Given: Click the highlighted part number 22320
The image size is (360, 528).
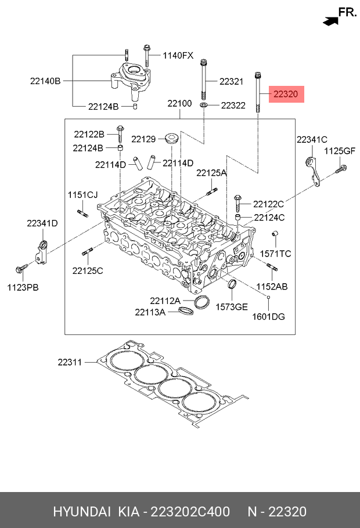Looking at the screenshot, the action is (286, 94).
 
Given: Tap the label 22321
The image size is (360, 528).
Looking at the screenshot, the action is (231, 81).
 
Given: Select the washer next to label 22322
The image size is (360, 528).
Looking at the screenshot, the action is (204, 106).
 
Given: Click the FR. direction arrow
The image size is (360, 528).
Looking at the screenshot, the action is (330, 21).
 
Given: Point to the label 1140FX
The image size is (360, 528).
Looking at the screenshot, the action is (178, 56).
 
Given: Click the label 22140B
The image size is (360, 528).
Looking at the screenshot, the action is (45, 81).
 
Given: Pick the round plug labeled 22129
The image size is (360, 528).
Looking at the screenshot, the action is (172, 139).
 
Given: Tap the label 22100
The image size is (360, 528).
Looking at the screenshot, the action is (179, 103).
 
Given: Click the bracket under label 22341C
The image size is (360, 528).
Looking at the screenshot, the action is (313, 171).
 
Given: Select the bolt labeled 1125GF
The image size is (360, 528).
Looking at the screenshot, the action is (341, 169).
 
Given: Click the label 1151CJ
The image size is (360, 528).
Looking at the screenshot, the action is (82, 195).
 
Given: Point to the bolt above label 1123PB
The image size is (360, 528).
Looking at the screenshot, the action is (21, 269).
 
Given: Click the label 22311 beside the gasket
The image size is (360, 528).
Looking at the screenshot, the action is (70, 362).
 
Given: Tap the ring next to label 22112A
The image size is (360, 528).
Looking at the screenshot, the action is (201, 302).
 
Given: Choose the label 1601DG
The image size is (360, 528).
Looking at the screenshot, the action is (269, 317).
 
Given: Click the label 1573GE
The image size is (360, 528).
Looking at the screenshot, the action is (232, 307).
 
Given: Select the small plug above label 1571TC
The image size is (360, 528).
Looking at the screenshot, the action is (275, 233).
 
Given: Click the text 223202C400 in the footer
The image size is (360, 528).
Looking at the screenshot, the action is (190, 512).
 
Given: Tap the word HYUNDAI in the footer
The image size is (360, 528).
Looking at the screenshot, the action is (82, 512).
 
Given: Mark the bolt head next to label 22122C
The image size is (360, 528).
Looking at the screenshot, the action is (237, 198).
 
